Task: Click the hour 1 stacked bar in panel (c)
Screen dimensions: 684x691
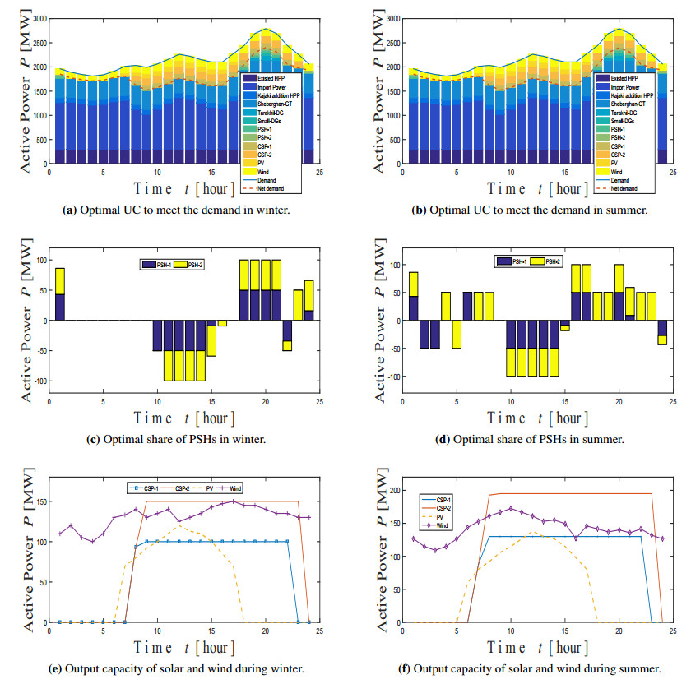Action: point(60,293)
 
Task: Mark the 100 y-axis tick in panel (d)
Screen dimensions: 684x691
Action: point(392,266)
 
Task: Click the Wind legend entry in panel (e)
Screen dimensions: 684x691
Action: point(256,488)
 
